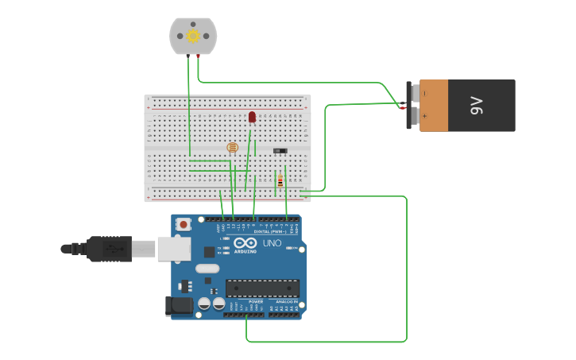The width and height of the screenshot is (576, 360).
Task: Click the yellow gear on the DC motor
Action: [x=193, y=36]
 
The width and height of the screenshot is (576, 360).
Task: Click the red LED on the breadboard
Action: [x=252, y=117]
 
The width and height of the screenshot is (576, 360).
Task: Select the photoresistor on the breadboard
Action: [x=232, y=147]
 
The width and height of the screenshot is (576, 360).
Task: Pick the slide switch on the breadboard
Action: [x=280, y=150]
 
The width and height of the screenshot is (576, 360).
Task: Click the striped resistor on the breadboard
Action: [x=280, y=180]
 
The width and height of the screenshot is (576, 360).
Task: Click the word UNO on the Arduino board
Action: [x=272, y=242]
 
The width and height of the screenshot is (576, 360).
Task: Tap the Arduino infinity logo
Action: [x=245, y=242]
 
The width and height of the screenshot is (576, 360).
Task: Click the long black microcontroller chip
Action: [x=262, y=288]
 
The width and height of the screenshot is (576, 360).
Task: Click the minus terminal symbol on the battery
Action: [x=424, y=93]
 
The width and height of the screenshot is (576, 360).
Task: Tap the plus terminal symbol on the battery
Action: [x=424, y=117]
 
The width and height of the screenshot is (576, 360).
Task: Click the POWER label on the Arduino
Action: [x=256, y=302]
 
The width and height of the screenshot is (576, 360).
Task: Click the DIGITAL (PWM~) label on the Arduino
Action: [x=270, y=231]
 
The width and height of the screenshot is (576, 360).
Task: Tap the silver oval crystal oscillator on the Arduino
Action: [x=207, y=268]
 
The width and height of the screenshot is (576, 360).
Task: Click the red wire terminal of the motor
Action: [x=188, y=56]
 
